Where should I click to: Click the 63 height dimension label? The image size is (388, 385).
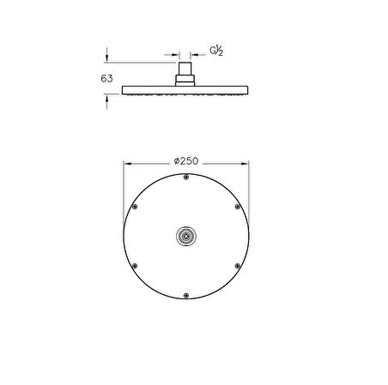tap(106, 79)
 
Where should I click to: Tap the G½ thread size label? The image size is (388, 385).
tap(216, 51)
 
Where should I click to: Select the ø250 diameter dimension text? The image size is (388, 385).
tap(186, 161)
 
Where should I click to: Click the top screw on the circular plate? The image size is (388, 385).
tap(186, 177)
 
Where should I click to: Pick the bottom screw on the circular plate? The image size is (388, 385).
tap(186, 296)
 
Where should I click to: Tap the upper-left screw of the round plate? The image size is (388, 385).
tap(135, 207)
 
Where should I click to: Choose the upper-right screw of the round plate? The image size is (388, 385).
tap(238, 207)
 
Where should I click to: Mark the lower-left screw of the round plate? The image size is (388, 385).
tap(135, 266)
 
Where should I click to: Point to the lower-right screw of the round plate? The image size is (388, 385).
tap(238, 266)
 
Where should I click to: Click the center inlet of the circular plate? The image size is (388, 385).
tap(186, 236)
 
